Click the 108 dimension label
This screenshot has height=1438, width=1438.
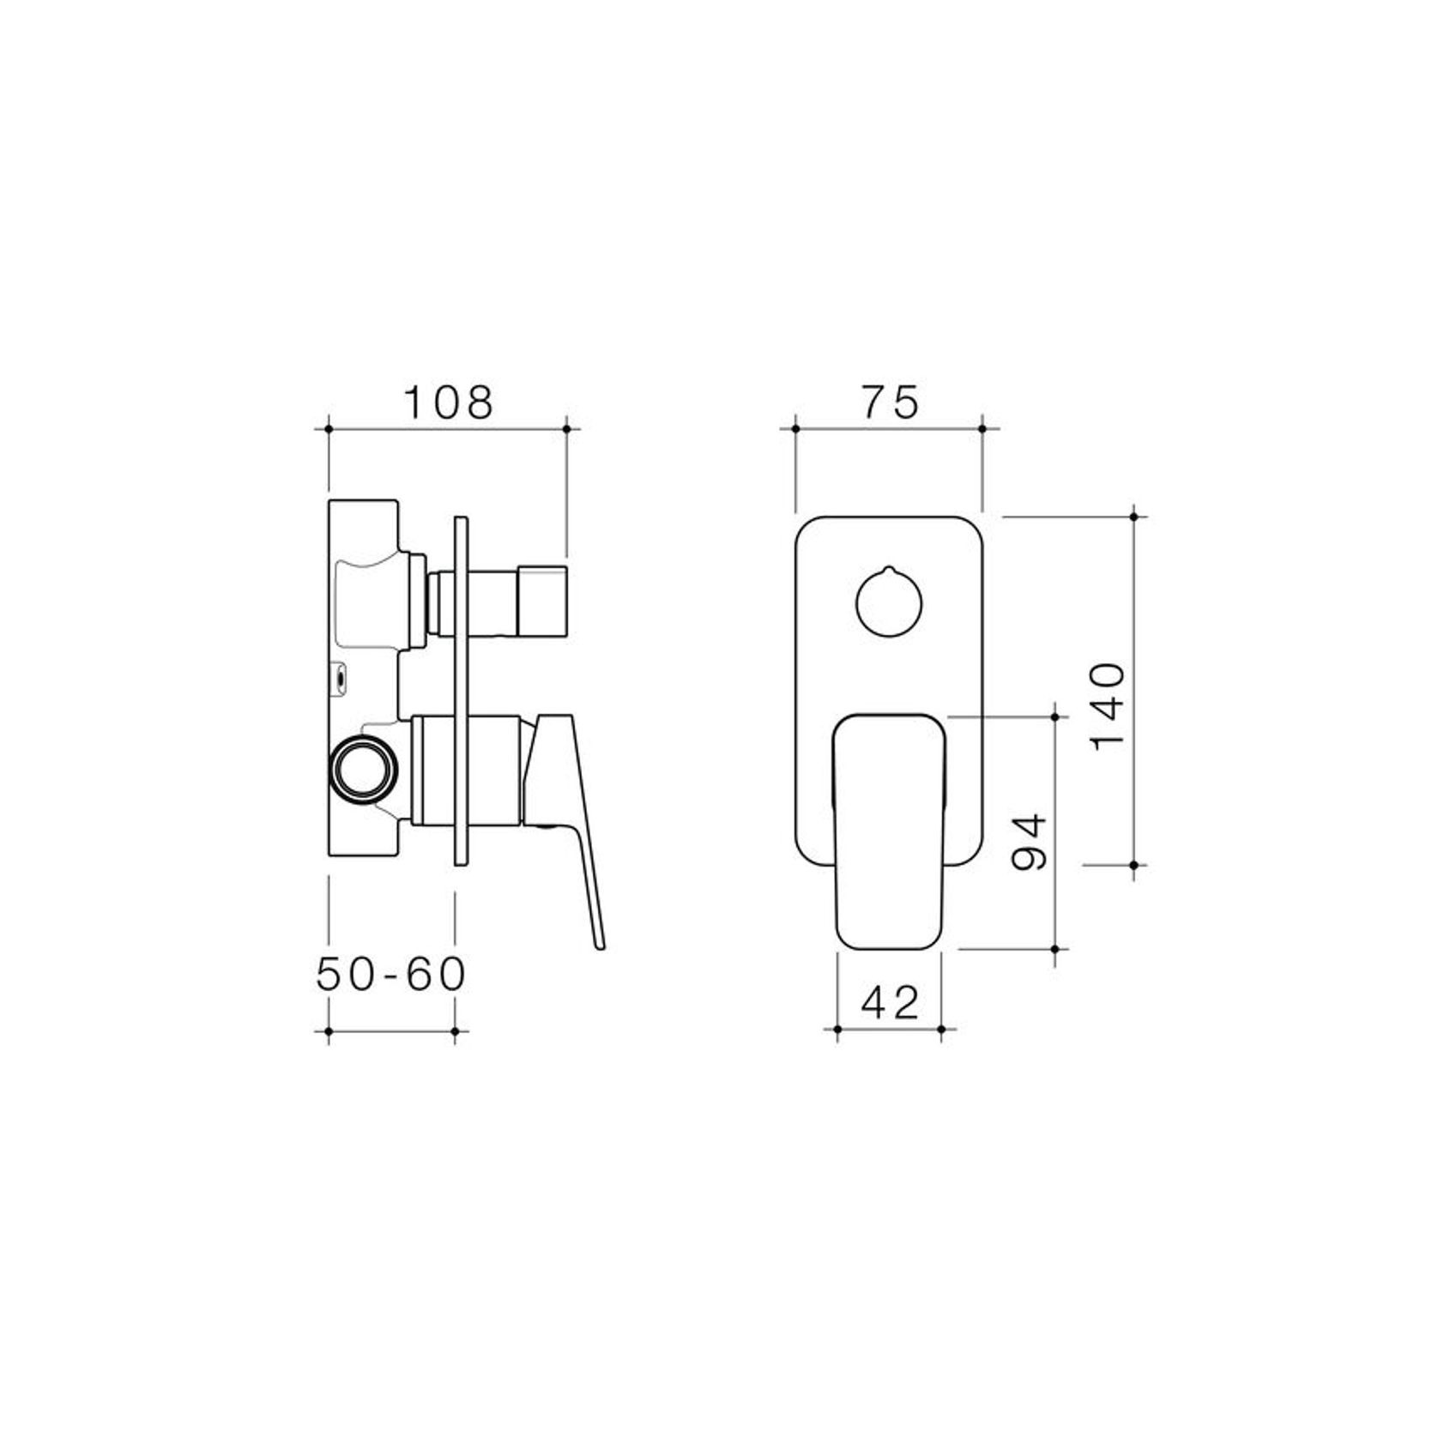pyautogui.click(x=448, y=402)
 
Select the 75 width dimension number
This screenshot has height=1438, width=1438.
pyautogui.click(x=890, y=402)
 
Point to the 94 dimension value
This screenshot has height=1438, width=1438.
pyautogui.click(x=1030, y=843)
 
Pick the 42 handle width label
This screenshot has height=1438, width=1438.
pyautogui.click(x=890, y=1001)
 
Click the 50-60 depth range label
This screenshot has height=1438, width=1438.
pyautogui.click(x=391, y=974)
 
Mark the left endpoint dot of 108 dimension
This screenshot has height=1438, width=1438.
pyautogui.click(x=329, y=427)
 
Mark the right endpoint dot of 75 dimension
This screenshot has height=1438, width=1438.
pyautogui.click(x=983, y=427)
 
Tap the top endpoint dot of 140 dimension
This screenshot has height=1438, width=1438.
pyautogui.click(x=1134, y=517)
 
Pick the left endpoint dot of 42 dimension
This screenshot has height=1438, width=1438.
pyautogui.click(x=837, y=1028)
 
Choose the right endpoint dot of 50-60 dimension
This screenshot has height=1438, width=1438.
pyautogui.click(x=455, y=1030)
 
